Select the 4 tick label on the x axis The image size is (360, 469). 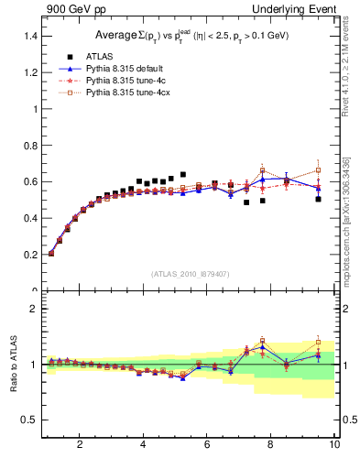pos(143,444)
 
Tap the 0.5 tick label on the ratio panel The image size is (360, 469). pos(29,420)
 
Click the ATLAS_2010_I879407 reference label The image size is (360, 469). pos(190,272)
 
